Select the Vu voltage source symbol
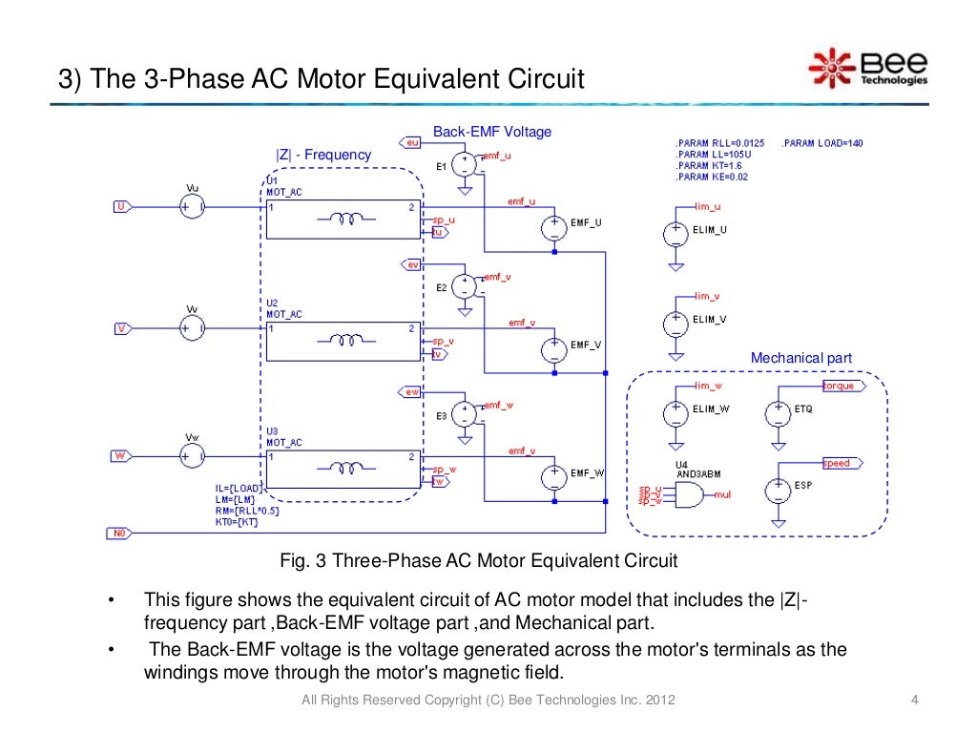(x=192, y=206)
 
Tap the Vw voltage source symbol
(x=192, y=457)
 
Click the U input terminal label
(x=121, y=206)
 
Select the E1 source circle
(x=464, y=164)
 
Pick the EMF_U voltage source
(x=554, y=227)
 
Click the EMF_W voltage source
(x=554, y=476)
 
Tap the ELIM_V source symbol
(x=676, y=323)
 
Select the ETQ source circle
(x=778, y=412)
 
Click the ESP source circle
(x=778, y=489)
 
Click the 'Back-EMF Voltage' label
(x=492, y=132)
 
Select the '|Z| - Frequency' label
(x=323, y=155)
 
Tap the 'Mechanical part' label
(x=800, y=358)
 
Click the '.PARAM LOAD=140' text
(x=822, y=143)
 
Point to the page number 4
(x=915, y=702)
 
